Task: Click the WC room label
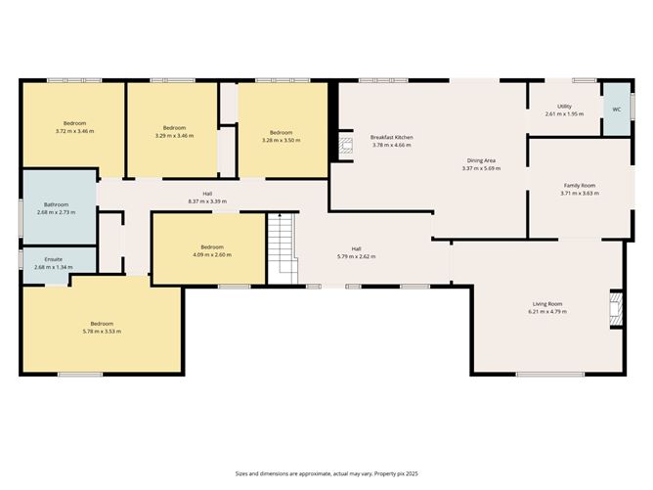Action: coord(616,110)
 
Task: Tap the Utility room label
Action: coord(564,107)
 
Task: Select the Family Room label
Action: coord(579,186)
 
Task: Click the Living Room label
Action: coord(547,304)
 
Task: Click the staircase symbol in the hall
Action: coord(282,248)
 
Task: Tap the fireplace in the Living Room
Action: coord(614,308)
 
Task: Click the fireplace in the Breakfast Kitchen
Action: coord(344,146)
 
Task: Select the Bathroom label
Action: coord(56,204)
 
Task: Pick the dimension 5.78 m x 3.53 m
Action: coord(102,332)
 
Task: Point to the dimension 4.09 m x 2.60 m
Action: coord(212,254)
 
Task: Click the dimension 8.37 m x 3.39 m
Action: coord(207,201)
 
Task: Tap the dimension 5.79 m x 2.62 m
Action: coord(356,256)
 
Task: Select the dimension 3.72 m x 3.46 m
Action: coord(74,131)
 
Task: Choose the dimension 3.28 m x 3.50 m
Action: coord(282,139)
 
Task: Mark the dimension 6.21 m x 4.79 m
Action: coord(547,311)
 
